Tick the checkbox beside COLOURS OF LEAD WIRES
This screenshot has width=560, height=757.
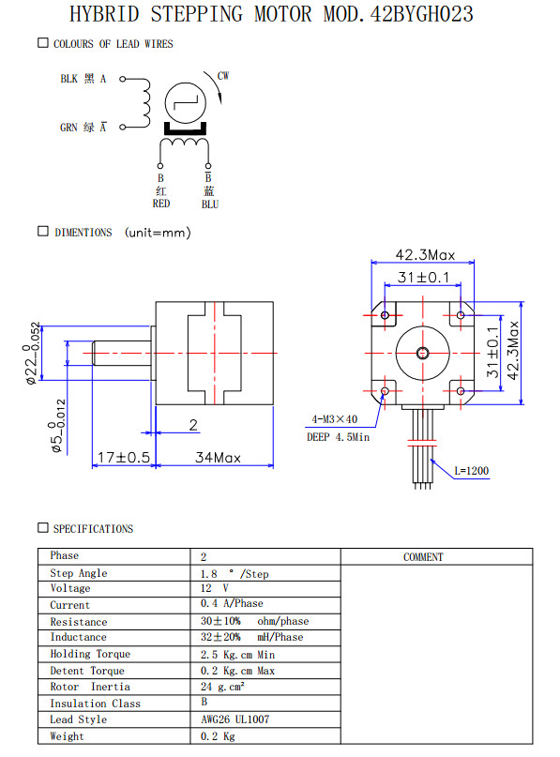click(x=43, y=43)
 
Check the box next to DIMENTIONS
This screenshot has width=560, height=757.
click(x=43, y=232)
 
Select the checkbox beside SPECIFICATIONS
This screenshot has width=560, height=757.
click(x=43, y=528)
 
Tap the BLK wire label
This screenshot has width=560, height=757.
click(x=68, y=79)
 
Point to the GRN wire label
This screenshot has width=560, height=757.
click(x=68, y=128)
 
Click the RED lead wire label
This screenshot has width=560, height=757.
click(x=161, y=204)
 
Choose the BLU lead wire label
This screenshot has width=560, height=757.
click(x=210, y=204)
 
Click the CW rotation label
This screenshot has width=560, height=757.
click(x=223, y=76)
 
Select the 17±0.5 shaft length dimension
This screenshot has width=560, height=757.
click(x=124, y=457)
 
